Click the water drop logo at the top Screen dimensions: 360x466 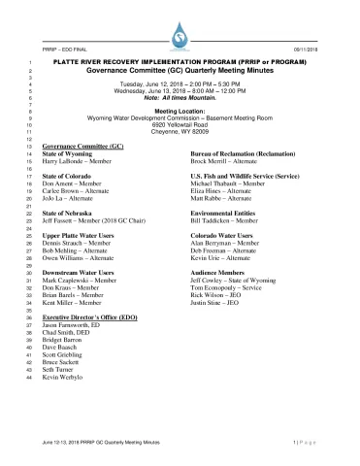coord(180,36)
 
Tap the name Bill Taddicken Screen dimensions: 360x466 coord(224,222)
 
